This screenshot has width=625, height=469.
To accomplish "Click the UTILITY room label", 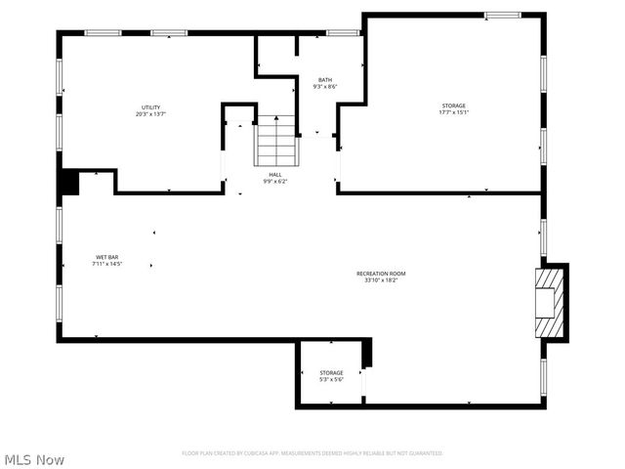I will [150, 107].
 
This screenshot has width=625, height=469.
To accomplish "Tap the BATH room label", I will [325, 80].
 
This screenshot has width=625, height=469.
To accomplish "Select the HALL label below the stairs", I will [275, 175].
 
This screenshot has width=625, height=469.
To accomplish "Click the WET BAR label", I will [106, 257].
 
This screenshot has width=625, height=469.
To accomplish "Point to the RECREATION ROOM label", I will [380, 274].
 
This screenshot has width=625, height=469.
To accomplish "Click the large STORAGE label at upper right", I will [453, 106].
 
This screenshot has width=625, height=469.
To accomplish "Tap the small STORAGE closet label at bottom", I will [331, 372].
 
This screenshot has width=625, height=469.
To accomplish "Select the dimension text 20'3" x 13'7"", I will [150, 114].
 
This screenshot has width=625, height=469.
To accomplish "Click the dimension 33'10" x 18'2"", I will [380, 280].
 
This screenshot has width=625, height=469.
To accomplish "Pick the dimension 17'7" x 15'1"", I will [453, 112].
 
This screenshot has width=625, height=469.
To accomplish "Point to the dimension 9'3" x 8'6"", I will [325, 87].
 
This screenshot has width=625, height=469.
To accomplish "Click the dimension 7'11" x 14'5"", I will [106, 264].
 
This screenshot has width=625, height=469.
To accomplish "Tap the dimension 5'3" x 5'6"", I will [331, 379].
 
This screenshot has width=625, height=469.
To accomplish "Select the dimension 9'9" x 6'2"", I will [275, 182].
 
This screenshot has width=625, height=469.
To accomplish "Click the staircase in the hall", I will [275, 142].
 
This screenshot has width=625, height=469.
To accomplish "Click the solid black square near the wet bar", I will [68, 183].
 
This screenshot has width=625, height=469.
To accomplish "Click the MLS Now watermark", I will [35, 459].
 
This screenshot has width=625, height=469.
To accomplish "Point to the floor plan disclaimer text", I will [312, 453].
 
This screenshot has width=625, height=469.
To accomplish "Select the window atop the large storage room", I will [503, 15].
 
